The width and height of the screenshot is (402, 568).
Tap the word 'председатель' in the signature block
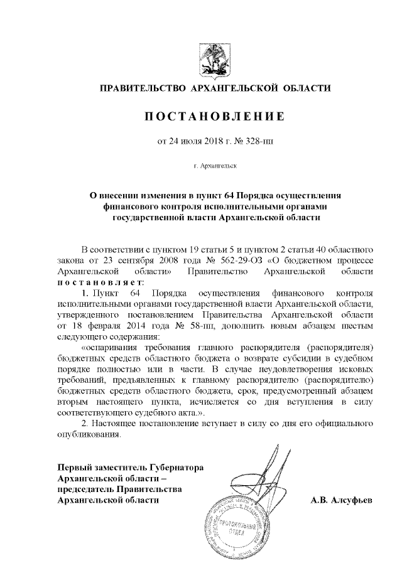click(x=85, y=489)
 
